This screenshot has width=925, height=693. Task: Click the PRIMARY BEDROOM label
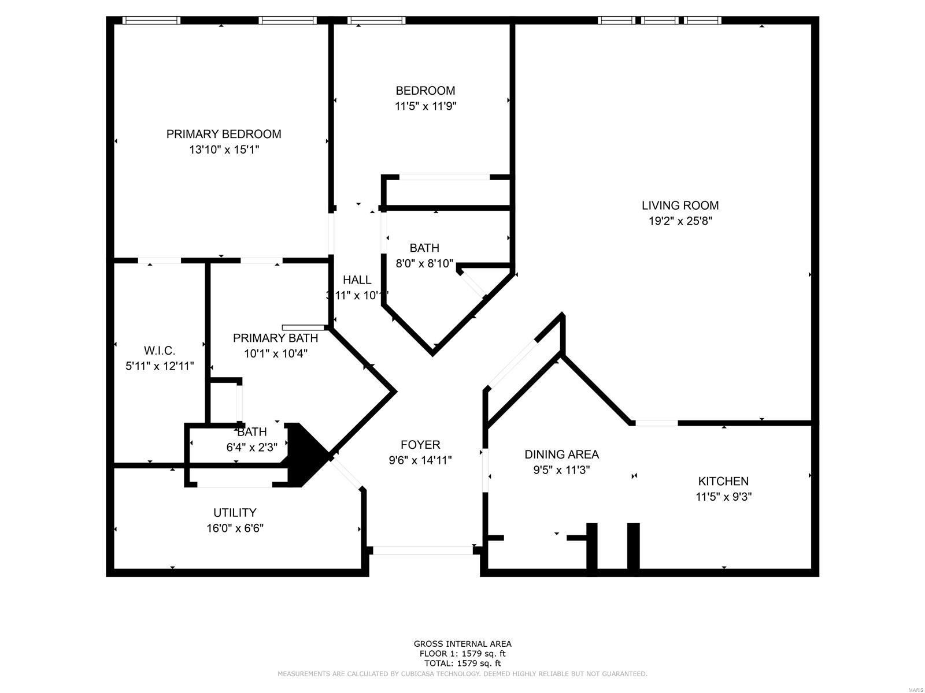pos(224,134)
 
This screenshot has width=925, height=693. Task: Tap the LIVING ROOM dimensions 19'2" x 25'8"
pos(680,221)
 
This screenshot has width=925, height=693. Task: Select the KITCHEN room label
pos(723,481)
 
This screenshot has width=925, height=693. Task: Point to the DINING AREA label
pos(561,454)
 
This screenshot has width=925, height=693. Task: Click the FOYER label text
pos(420,445)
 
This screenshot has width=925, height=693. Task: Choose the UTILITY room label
pos(235,512)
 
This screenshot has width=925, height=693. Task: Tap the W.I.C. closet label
pos(160,351)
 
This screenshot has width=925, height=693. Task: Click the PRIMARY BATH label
pos(275,338)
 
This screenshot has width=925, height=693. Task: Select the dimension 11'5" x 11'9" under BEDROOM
pos(425,106)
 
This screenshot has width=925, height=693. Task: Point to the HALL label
pos(357,280)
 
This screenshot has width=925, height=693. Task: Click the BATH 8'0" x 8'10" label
pos(424,248)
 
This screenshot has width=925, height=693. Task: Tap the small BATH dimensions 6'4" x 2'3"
pos(252,447)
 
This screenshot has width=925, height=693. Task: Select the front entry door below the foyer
pos(423,550)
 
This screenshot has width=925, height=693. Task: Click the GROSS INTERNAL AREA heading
pos(462,643)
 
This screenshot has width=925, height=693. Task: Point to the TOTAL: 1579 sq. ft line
pos(462,664)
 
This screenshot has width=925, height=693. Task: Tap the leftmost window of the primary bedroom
pos(151,20)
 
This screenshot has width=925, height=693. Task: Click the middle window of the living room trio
pos(660,20)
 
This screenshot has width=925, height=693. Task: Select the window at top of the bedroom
pos(376,20)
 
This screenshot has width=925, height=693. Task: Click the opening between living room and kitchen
pos(656,423)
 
